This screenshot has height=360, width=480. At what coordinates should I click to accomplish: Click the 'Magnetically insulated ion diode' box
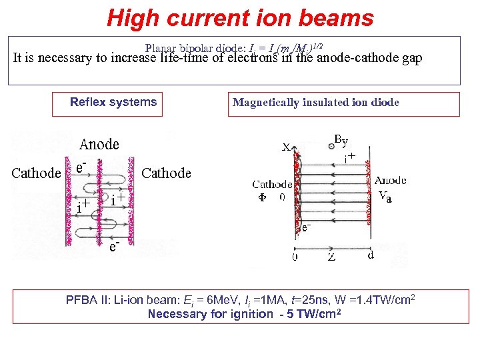point(343,103)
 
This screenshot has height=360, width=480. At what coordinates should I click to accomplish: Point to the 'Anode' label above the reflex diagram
point(99,144)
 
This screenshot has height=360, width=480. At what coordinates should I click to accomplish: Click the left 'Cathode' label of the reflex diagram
point(37,173)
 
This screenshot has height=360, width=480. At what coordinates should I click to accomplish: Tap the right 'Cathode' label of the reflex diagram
point(167,173)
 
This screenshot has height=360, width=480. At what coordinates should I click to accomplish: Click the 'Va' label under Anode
point(385,195)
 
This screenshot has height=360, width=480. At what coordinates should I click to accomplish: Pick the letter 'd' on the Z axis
point(371,255)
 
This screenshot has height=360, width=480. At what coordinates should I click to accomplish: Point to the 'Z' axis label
point(331,257)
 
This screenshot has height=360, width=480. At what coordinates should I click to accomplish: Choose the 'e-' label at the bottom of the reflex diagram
point(115,247)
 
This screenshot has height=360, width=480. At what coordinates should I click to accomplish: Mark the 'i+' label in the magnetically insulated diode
point(349,158)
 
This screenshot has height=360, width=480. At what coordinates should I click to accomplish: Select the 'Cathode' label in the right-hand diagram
point(271,185)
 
